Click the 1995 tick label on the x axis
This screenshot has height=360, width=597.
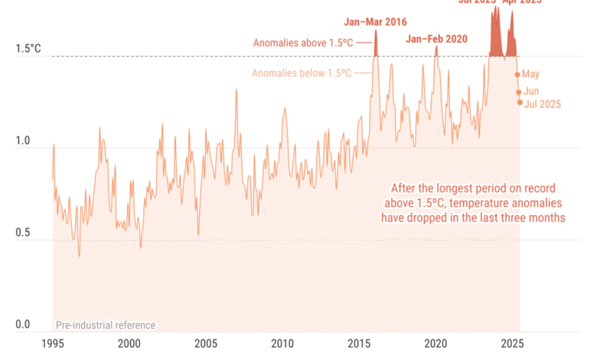tap(53, 344)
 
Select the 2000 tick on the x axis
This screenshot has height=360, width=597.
tap(129, 344)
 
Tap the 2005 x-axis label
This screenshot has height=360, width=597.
tap(206, 344)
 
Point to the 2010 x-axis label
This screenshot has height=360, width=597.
tap(282, 344)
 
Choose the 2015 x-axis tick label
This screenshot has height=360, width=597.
tap(360, 344)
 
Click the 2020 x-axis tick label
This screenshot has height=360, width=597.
tap(436, 344)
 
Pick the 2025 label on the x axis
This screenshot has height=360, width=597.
tap(513, 344)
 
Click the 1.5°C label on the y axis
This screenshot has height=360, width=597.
tap(28, 50)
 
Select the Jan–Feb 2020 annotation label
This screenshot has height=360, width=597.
tap(436, 38)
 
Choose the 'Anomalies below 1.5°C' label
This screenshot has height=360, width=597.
tap(302, 73)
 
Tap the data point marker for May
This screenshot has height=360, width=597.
tap(517, 74)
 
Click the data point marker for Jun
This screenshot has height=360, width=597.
tap(519, 92)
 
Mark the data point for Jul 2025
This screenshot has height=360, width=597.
tap(520, 103)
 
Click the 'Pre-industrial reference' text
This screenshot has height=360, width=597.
tap(106, 326)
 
